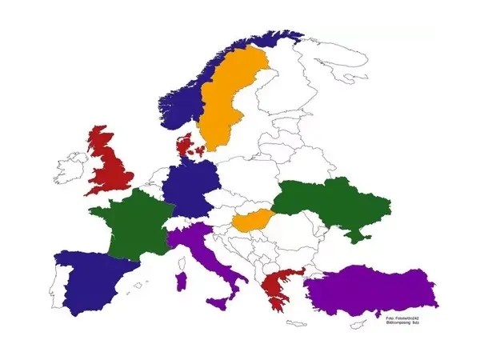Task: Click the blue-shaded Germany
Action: coord(187,192)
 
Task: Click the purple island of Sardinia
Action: coord(180,281)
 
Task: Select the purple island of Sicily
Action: coord(218,304)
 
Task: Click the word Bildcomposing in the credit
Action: coord(397,322)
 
